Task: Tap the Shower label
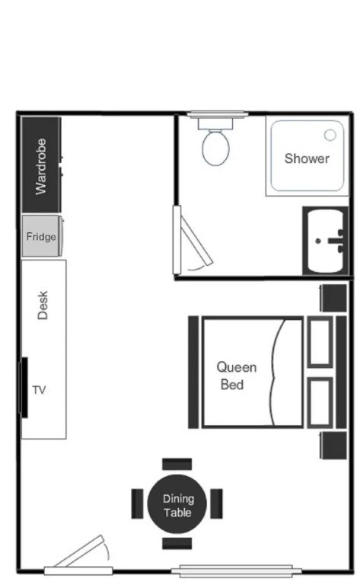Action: pos(307,158)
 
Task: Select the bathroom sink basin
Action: pos(328,241)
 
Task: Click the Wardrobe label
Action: pos(41,165)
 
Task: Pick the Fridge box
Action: pos(41,237)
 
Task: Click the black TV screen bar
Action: pos(24,388)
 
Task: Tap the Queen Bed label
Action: pos(237,376)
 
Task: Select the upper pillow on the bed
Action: pos(320,341)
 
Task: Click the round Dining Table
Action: pos(178,506)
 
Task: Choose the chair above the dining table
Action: pos(177,463)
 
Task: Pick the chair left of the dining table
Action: pos(137,503)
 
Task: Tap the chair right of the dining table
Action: pos(217,503)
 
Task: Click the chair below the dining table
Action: pos(177,543)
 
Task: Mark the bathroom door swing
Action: pos(190,244)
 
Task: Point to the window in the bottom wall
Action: pos(231,570)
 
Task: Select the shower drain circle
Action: pos(330,135)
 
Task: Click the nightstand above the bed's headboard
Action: pos(333,297)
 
